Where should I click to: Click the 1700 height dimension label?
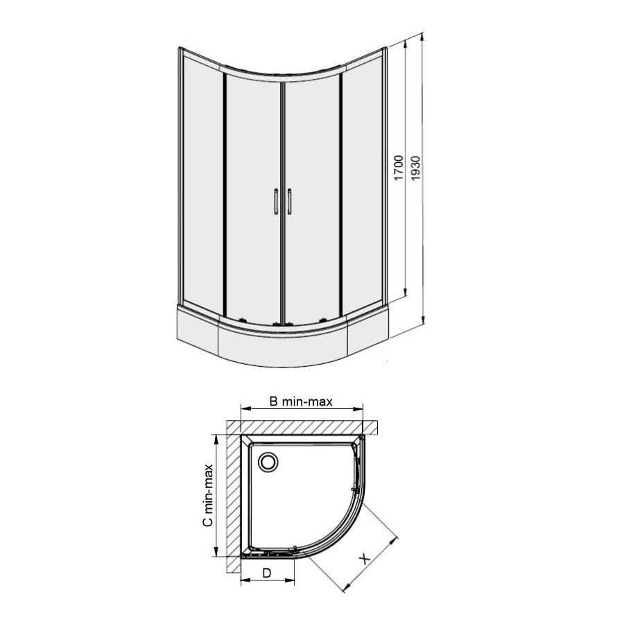coord(399,168)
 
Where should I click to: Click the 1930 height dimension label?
coord(415,168)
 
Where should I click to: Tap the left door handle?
coord(276,202)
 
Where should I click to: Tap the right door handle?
coord(289,202)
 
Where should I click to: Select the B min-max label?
coord(301,401)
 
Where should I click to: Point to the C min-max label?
coord(208,496)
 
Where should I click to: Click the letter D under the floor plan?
coord(267,573)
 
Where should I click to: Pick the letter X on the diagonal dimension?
coord(365,560)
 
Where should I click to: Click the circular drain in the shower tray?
coord(268,462)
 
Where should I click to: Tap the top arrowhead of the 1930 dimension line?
coord(422,37)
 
